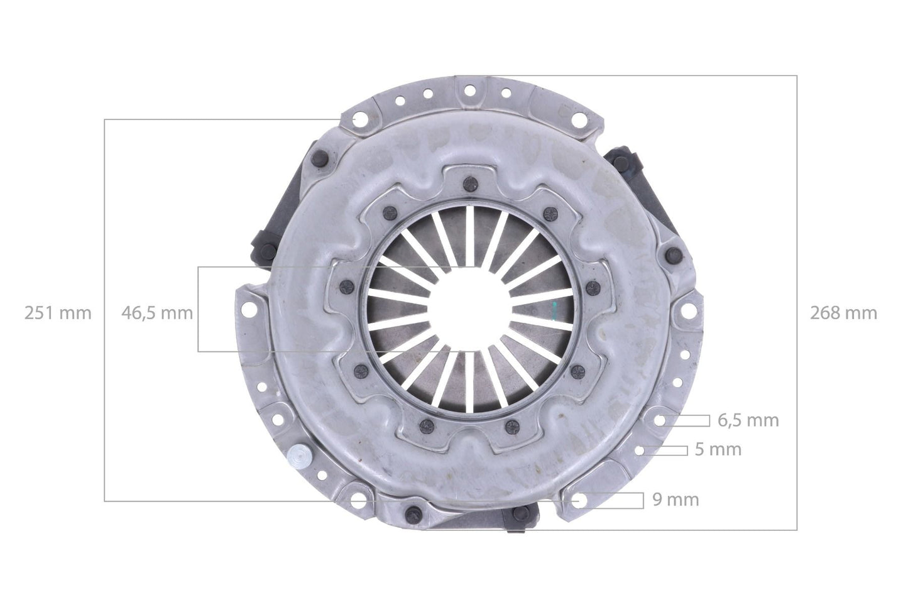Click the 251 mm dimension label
(58, 313)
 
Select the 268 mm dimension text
(844, 313)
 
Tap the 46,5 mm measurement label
(157, 313)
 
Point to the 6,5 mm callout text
(748, 420)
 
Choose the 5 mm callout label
(718, 449)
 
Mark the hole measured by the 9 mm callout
(578, 500)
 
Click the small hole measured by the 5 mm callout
(639, 450)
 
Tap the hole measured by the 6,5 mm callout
(660, 420)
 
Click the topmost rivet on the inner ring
(467, 183)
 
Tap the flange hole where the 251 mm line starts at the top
(358, 119)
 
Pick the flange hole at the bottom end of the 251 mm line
(358, 500)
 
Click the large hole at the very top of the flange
(468, 91)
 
